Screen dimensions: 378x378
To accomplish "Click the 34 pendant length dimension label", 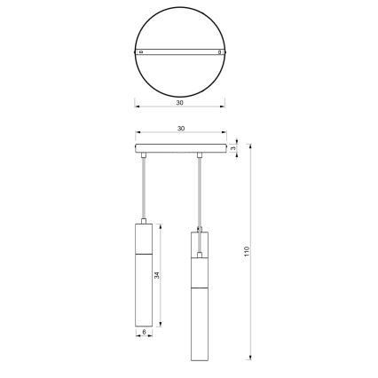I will (158, 276).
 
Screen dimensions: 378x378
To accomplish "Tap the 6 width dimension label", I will (143, 333).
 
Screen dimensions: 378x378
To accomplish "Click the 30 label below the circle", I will (180, 103).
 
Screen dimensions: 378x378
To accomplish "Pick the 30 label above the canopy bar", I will (180, 129).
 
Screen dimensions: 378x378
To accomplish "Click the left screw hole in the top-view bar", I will (142, 54).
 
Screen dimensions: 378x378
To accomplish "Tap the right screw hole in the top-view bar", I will (218, 54).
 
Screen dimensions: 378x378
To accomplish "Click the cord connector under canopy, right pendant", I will (201, 157).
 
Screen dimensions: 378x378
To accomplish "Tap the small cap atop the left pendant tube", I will (142, 218).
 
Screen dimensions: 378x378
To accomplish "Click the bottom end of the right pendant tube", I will (201, 359).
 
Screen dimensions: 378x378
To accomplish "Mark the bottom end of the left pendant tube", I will (142, 323).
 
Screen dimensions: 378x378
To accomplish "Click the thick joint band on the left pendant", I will (142, 253).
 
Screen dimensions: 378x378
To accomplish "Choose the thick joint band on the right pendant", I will (201, 288).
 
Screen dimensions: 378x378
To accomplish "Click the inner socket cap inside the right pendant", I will (201, 256).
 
